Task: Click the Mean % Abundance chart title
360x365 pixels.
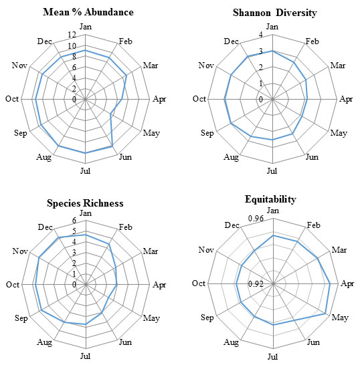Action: pyautogui.click(x=88, y=12)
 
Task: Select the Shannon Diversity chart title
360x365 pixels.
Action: pyautogui.click(x=275, y=13)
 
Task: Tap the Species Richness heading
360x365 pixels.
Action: pyautogui.click(x=85, y=203)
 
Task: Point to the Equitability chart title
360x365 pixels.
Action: pyautogui.click(x=270, y=199)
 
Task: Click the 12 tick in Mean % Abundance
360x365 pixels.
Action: pyautogui.click(x=72, y=35)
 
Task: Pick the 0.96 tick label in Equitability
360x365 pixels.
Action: pyautogui.click(x=256, y=219)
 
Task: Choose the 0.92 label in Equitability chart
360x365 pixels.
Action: pyautogui.click(x=256, y=284)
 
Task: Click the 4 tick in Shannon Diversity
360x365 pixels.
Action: pyautogui.click(x=261, y=35)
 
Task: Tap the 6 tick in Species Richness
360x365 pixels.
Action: pyautogui.click(x=74, y=221)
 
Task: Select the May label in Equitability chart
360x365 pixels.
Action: pyautogui.click(x=340, y=318)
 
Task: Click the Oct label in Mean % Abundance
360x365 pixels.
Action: pyautogui.click(x=12, y=99)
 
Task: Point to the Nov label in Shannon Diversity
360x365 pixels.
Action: pyautogui.click(x=206, y=66)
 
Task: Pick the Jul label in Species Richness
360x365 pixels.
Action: pyautogui.click(x=85, y=356)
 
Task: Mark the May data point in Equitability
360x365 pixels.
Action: pyautogui.click(x=325, y=314)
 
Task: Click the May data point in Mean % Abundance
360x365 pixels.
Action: pyautogui.click(x=110, y=114)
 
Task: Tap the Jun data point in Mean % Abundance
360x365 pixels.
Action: pyautogui.click(x=112, y=146)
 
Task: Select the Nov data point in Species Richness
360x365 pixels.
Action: pyautogui.click(x=39, y=257)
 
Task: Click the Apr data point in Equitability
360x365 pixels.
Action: pyautogui.click(x=330, y=284)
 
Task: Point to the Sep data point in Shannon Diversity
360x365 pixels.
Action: pyautogui.click(x=231, y=123)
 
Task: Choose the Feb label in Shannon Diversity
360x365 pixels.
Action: pyautogui.click(x=312, y=41)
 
